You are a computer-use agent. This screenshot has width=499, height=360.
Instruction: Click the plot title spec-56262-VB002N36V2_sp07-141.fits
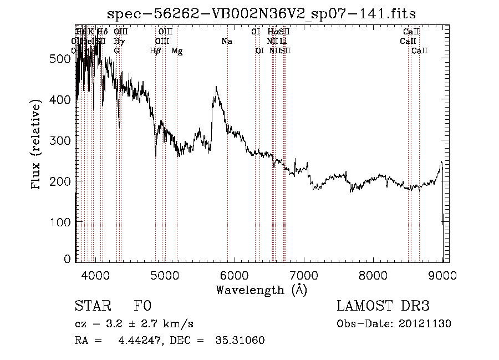click(x=262, y=13)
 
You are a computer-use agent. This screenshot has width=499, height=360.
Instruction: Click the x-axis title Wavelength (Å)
click(x=261, y=290)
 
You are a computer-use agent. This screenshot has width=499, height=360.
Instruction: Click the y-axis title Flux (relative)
click(x=37, y=145)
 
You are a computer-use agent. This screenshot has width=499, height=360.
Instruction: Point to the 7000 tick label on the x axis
click(x=303, y=275)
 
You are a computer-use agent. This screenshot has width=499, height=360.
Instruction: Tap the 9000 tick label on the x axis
click(x=442, y=275)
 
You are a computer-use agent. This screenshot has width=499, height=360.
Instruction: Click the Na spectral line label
click(x=226, y=41)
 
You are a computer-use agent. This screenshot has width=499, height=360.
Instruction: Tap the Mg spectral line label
click(x=177, y=51)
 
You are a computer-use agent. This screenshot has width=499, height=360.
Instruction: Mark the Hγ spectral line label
click(x=118, y=41)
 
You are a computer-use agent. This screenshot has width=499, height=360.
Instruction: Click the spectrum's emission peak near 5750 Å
click(x=216, y=87)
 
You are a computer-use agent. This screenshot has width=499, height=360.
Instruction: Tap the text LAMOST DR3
click(x=383, y=306)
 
